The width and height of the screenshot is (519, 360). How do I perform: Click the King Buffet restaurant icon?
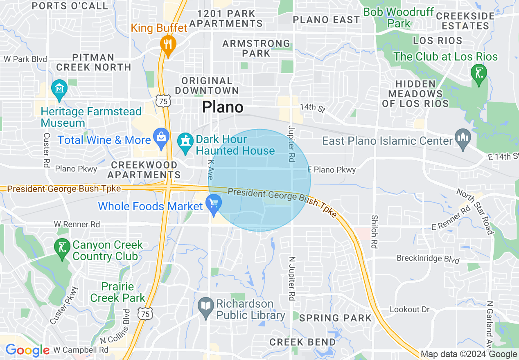click(168, 43)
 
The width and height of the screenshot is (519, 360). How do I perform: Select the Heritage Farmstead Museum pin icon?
click(59, 88)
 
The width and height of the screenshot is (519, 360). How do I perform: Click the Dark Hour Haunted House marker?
click(185, 142)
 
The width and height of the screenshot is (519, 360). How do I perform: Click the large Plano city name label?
click(223, 107)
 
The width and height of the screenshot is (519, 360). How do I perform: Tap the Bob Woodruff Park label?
click(398, 18)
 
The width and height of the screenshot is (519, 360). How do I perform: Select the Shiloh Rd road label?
click(374, 232)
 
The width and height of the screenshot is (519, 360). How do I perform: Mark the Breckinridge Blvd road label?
click(428, 259)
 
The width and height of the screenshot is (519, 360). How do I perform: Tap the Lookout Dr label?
click(409, 309)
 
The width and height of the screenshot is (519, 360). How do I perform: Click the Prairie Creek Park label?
click(118, 292)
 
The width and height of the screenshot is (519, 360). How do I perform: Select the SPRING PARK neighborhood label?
click(335, 318)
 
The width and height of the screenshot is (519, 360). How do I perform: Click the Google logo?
click(27, 350)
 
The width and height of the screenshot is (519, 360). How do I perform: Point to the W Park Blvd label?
click(25, 59)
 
